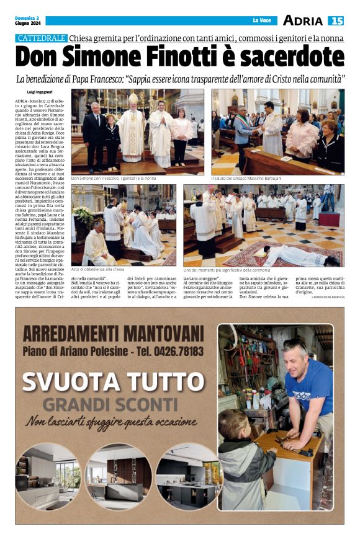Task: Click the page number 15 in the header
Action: coord(336,20)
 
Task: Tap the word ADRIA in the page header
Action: coord(303,20)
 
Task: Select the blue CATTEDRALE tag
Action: coord(42,38)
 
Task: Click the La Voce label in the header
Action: coord(262,21)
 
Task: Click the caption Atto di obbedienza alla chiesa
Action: coord(98,270)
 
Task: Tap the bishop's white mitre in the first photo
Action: coord(132,98)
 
